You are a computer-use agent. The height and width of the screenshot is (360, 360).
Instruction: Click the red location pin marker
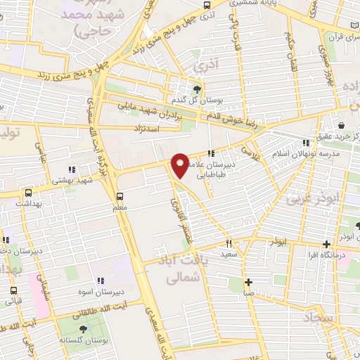[181, 166]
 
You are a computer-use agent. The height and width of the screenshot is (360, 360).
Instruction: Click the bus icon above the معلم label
[120, 195]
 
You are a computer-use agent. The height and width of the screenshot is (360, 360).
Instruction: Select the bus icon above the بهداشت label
[28, 192]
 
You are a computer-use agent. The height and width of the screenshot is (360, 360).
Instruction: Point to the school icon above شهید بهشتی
[72, 169]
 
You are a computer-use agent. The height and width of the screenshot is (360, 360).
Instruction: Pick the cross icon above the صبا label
[248, 283]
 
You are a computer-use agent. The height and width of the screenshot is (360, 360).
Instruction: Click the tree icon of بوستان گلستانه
[84, 329]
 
